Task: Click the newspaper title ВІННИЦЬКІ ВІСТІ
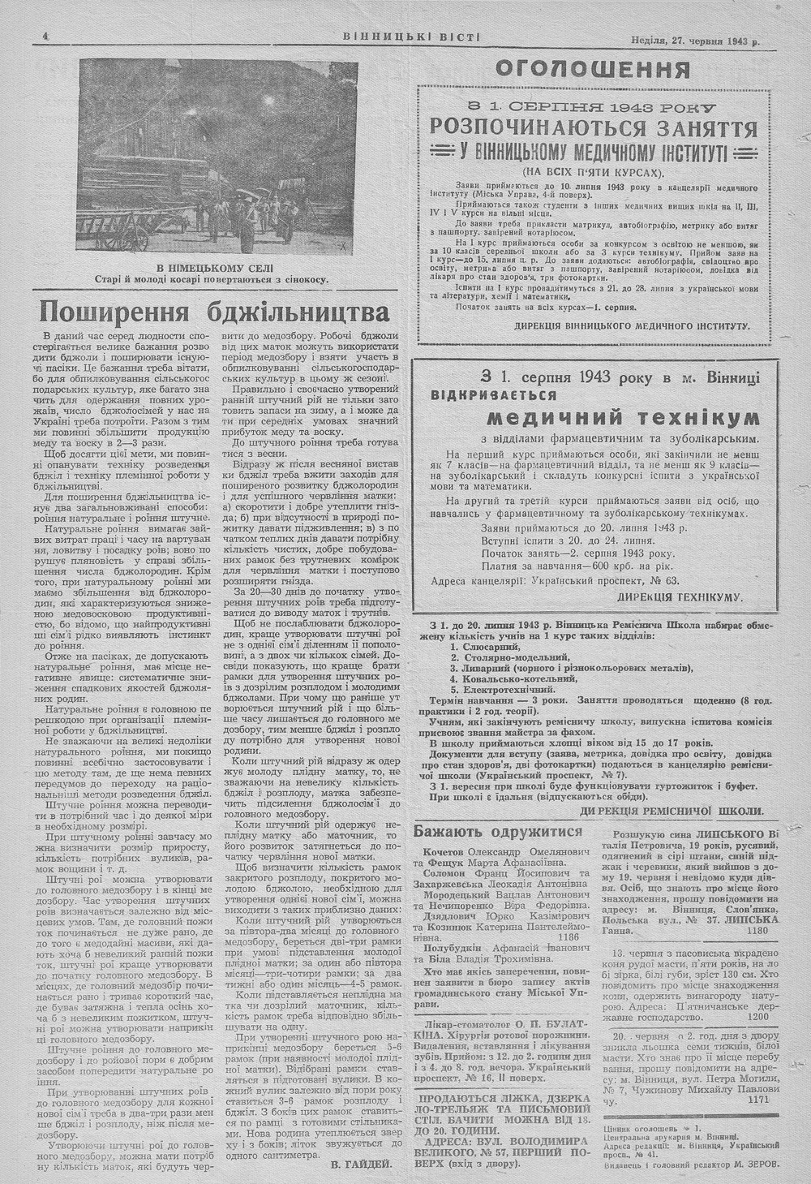(x=411, y=37)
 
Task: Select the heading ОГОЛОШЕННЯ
(x=592, y=69)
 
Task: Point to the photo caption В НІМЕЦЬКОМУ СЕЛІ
(x=215, y=268)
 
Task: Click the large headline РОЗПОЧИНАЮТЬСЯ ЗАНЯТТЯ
(x=594, y=128)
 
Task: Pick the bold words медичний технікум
(x=623, y=418)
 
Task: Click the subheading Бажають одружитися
(x=498, y=832)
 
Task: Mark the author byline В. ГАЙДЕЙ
(x=362, y=1164)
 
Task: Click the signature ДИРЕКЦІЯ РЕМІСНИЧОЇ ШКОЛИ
(x=672, y=811)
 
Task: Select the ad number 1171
(x=758, y=1100)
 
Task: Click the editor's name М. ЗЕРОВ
(x=753, y=1164)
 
